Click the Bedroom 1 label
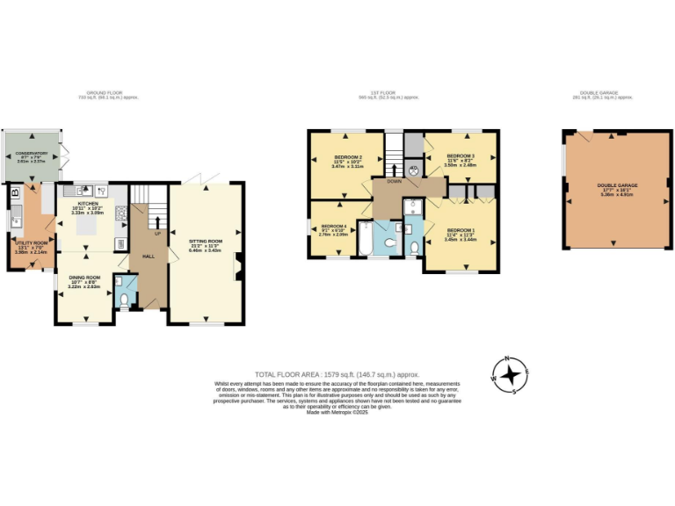(460, 235)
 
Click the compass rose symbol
(510, 376)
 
